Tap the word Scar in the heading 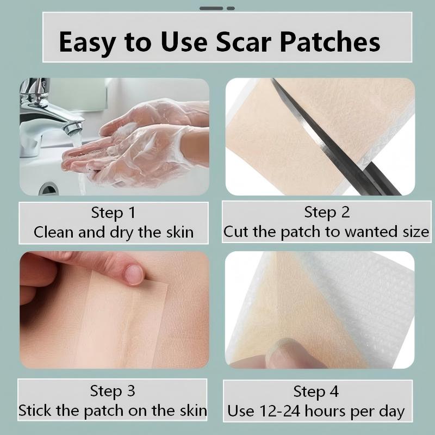[x=244, y=42]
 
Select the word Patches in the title [x=330, y=42]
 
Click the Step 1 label [x=113, y=213]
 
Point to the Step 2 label [x=327, y=212]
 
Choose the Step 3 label [x=113, y=391]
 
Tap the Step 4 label [x=316, y=391]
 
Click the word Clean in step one [x=54, y=232]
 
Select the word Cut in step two [x=236, y=232]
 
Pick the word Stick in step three [x=35, y=411]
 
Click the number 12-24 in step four [x=279, y=411]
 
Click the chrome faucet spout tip [x=73, y=128]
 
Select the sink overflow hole [x=48, y=189]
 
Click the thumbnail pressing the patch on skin [x=134, y=275]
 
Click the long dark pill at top [x=211, y=8]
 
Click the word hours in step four [x=325, y=411]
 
